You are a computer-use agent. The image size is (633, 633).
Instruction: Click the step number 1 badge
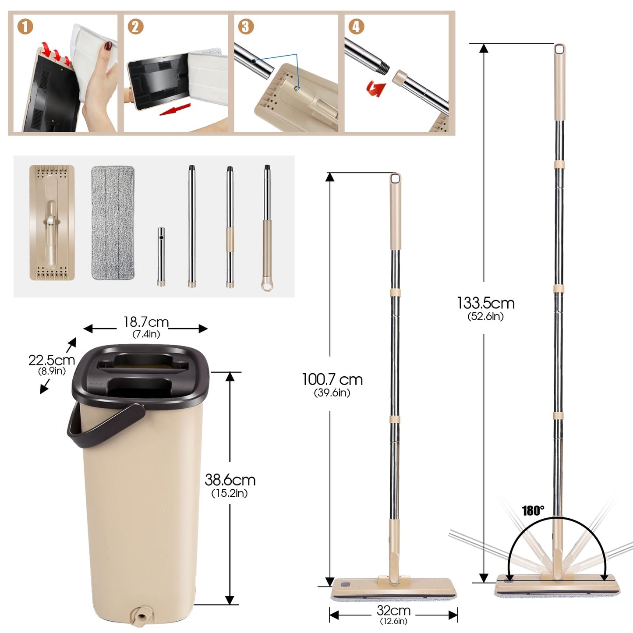pyautogui.click(x=25, y=27)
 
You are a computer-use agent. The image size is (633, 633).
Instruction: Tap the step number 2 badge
pyautogui.click(x=135, y=27)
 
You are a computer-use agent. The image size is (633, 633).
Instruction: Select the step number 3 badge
pyautogui.click(x=246, y=27)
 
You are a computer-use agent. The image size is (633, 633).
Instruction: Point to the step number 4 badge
pyautogui.click(x=356, y=27)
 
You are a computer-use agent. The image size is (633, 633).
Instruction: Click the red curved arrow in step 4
pyautogui.click(x=376, y=88)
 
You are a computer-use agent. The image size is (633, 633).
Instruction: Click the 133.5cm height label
pyautogui.click(x=485, y=303)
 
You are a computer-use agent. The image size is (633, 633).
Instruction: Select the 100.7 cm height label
pyautogui.click(x=332, y=379)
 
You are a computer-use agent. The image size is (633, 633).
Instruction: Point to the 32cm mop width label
pyautogui.click(x=393, y=610)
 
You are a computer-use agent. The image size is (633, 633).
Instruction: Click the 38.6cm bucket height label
pyautogui.click(x=230, y=480)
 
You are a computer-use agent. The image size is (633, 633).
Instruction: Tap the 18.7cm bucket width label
pyautogui.click(x=146, y=322)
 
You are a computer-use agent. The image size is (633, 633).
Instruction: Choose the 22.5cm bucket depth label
pyautogui.click(x=52, y=361)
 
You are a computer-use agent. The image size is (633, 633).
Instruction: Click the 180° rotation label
pyautogui.click(x=533, y=510)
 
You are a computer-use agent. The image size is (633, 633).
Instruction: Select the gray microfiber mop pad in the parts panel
pyautogui.click(x=113, y=223)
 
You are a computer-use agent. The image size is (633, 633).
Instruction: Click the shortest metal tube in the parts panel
pyautogui.click(x=161, y=256)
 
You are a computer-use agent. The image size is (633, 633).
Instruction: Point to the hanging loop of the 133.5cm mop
pyautogui.click(x=559, y=50)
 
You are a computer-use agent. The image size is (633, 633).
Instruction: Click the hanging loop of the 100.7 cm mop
pyautogui.click(x=395, y=179)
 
